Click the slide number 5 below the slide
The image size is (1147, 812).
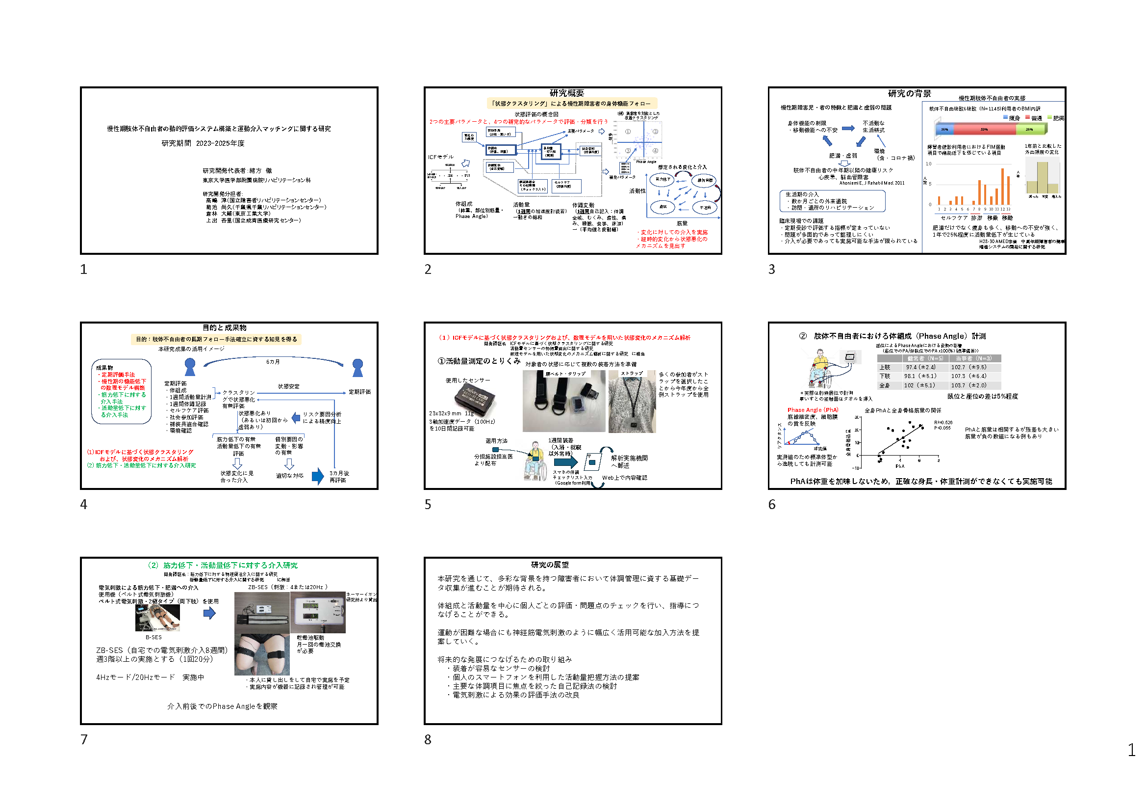[428, 505]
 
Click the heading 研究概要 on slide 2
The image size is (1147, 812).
[566, 93]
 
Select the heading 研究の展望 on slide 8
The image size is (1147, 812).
[550, 565]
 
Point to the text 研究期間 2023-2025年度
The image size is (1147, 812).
[203, 143]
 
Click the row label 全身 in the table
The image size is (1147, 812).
[884, 385]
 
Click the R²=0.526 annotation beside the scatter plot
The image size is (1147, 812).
[943, 423]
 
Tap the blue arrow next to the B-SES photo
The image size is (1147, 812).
[209, 613]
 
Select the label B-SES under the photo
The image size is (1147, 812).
[153, 638]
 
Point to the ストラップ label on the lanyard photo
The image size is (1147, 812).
[632, 374]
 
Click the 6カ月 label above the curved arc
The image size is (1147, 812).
[273, 362]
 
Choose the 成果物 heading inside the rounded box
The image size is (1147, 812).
[104, 368]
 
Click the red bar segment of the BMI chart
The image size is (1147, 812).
[984, 130]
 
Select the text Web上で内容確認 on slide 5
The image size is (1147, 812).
[624, 478]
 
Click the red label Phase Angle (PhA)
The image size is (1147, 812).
[813, 410]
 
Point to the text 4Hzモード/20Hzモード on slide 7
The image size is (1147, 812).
[135, 677]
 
